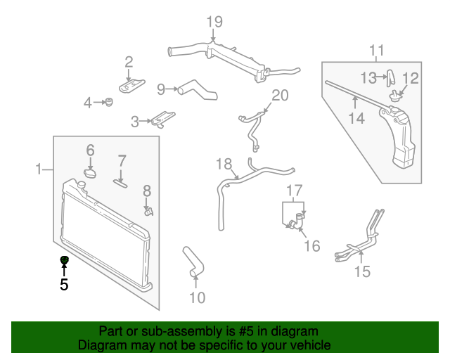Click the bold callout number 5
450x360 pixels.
[64, 285]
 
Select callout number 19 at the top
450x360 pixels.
[214, 21]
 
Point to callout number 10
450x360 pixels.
[197, 298]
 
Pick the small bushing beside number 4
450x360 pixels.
[109, 103]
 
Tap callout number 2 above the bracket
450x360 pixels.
[129, 61]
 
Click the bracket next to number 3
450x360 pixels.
[162, 119]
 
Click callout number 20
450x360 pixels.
[280, 95]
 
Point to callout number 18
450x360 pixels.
[224, 165]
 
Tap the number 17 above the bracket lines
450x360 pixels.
[293, 190]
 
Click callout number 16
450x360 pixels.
[311, 246]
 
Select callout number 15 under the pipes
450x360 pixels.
[361, 271]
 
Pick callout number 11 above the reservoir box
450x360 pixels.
[377, 50]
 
